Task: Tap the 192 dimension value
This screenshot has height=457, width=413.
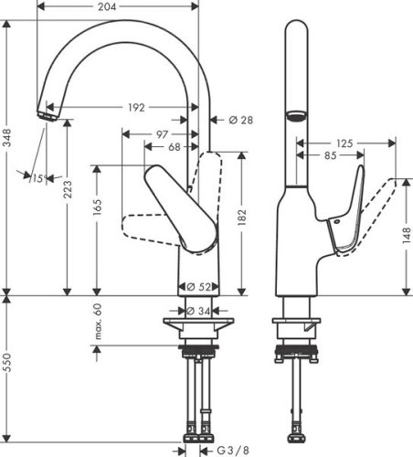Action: [x=135, y=108]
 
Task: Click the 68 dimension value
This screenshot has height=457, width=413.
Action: [x=174, y=147]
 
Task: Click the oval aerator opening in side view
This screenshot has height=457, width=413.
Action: [x=296, y=117]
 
